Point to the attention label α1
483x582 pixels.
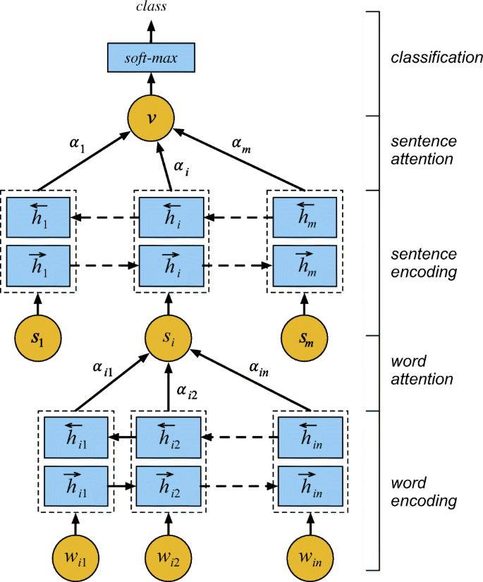click(x=77, y=144)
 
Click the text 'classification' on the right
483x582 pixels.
click(x=436, y=57)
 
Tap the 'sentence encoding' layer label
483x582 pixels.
click(x=423, y=262)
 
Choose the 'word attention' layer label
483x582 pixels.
click(x=422, y=371)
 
